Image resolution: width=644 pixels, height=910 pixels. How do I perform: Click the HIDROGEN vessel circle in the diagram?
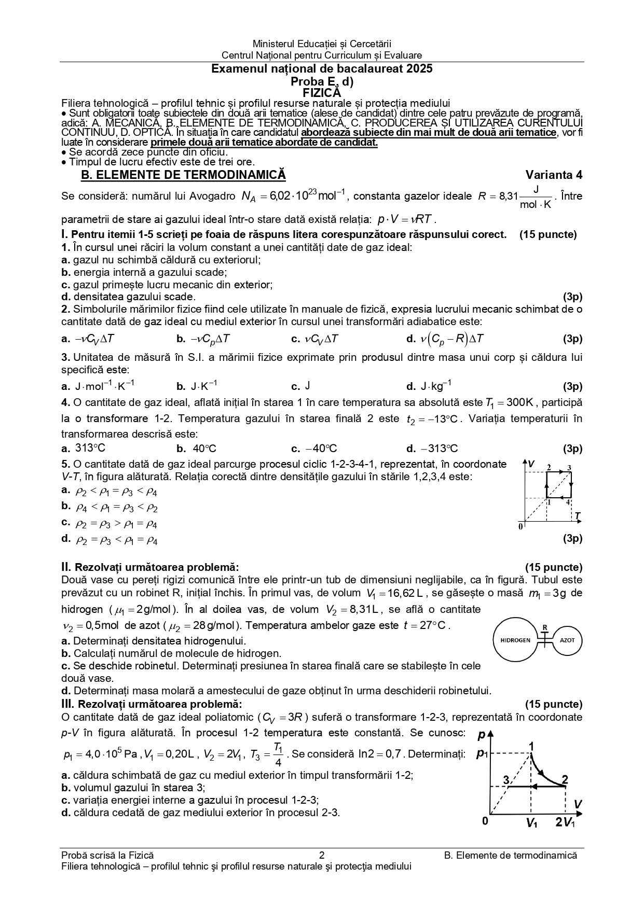coord(515,640)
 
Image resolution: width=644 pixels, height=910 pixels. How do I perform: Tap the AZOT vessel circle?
coord(567,640)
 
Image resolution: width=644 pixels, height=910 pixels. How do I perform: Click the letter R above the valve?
coord(544,627)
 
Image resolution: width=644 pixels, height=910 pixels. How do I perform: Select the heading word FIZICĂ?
coord(322,93)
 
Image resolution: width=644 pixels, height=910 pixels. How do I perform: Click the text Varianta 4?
coord(554,175)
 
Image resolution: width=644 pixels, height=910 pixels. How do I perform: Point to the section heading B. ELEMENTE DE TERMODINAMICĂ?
coord(183,175)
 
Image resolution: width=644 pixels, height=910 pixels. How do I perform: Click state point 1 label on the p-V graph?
coord(531,746)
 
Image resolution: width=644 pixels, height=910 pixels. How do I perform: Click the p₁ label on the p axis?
coord(482,753)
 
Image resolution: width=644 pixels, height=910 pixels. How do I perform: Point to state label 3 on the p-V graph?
coord(505,780)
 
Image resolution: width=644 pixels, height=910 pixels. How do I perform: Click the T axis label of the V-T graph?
coord(577,515)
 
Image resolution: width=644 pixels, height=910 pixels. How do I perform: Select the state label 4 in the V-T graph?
coord(568,502)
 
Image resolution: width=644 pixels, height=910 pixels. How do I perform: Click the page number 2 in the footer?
coord(322,856)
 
